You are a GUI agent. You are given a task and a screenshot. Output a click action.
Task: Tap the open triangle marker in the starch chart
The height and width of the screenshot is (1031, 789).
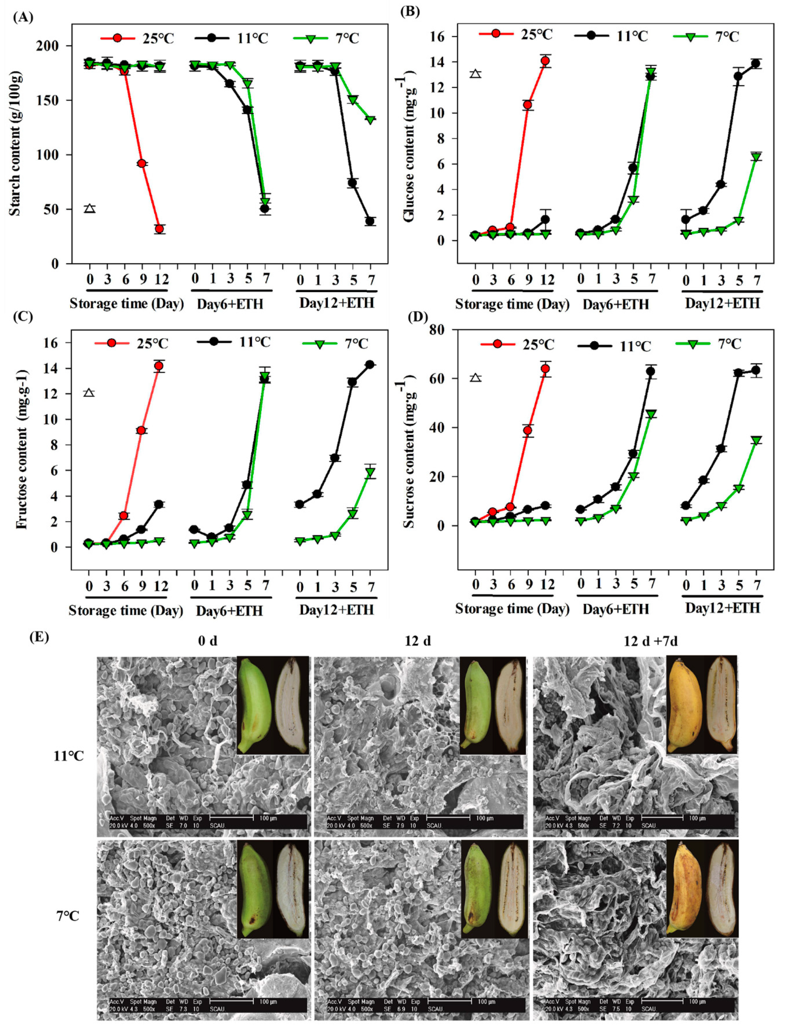click(90, 208)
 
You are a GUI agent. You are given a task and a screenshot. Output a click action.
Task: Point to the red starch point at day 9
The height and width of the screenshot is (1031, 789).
click(141, 163)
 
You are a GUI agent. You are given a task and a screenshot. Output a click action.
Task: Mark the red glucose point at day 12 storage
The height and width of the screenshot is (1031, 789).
click(545, 61)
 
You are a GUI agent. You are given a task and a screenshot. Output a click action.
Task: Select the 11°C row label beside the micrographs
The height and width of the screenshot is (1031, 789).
click(69, 756)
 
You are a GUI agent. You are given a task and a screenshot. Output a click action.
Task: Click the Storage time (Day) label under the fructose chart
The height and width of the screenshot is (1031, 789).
click(125, 610)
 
